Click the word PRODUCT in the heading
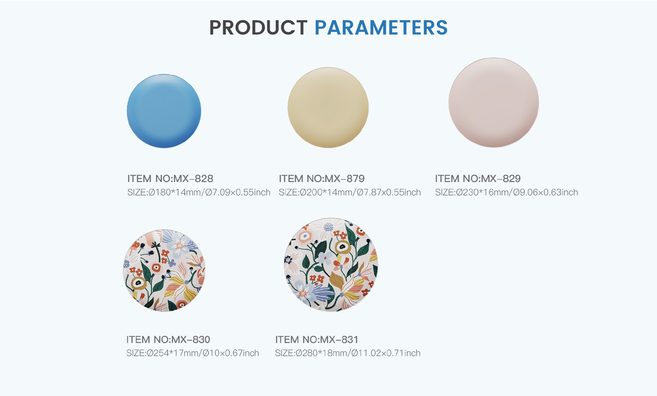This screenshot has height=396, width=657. [x=258, y=28]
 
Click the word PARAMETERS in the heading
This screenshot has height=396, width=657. [x=381, y=28]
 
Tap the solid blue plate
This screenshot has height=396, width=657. [x=164, y=111]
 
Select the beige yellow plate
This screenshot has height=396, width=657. [x=328, y=108]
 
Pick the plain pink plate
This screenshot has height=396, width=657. [x=494, y=103]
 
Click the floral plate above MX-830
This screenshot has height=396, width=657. [x=164, y=270]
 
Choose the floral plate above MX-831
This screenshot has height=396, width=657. [x=331, y=264]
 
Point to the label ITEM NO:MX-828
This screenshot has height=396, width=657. [x=170, y=179]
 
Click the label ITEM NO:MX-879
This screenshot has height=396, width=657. [x=322, y=179]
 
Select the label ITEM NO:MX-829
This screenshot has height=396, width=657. [x=478, y=179]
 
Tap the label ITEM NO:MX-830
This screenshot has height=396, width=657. [x=168, y=340]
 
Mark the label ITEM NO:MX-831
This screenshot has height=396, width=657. [x=317, y=340]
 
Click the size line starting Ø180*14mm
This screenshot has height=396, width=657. [x=199, y=193]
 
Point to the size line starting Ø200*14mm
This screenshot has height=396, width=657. [x=350, y=193]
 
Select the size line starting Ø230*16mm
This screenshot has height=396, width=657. [x=506, y=193]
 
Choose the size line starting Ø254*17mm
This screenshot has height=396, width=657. [x=193, y=353]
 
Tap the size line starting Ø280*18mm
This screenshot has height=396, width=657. [x=348, y=353]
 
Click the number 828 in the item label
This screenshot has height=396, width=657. [x=204, y=179]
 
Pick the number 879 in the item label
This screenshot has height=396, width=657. [x=356, y=179]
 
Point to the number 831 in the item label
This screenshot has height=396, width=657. [x=350, y=340]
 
